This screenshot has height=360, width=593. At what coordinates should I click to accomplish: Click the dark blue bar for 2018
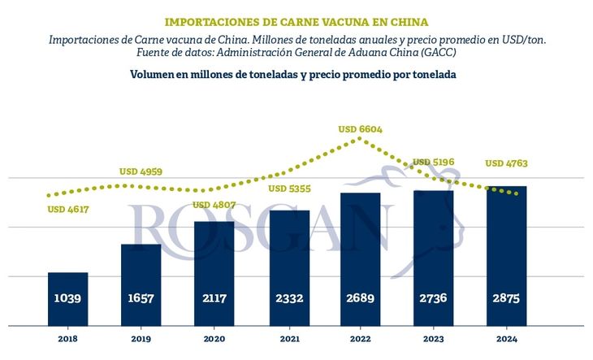click(67, 298)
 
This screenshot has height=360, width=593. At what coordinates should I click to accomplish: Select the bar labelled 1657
click(141, 284)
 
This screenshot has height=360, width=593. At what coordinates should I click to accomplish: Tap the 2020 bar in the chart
click(214, 273)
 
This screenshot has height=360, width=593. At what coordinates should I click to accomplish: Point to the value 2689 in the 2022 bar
click(360, 299)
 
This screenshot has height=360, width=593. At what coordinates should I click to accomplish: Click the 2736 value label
click(433, 299)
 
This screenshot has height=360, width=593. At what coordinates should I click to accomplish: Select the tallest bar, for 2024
click(506, 256)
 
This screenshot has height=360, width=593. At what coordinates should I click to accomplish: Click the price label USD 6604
click(360, 129)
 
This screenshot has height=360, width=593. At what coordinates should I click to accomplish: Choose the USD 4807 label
click(214, 205)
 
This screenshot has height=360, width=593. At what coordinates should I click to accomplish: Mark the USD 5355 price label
click(287, 189)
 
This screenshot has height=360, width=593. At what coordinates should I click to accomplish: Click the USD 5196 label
click(434, 163)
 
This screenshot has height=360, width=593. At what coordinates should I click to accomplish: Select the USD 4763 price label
click(506, 163)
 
